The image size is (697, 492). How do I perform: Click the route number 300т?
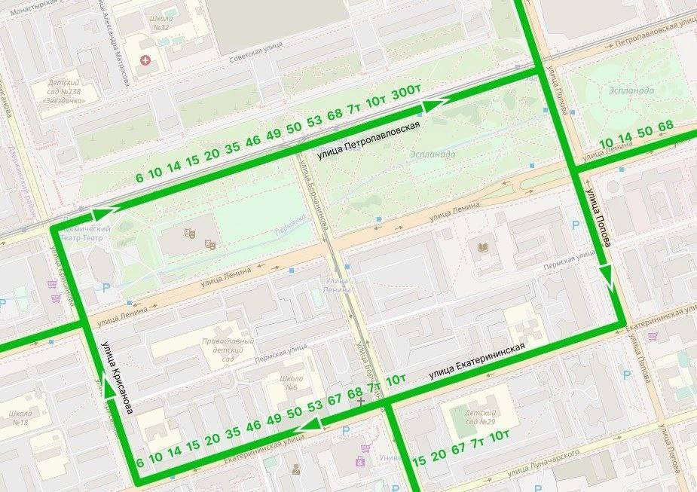point(406,92)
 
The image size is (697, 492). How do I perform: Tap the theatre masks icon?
point(209,243)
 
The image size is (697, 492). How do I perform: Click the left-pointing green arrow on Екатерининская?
point(306,429)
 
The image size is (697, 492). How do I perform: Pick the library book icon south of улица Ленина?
point(483,247)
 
